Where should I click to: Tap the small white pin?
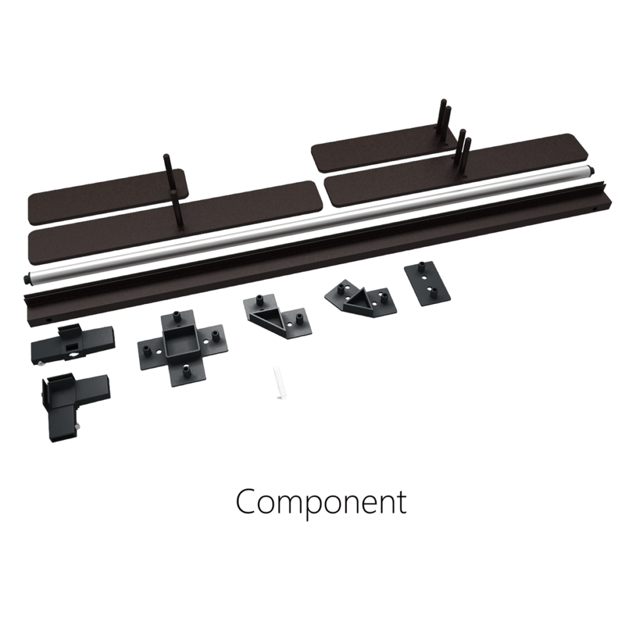[280, 382]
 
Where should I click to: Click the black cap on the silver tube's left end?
[27, 278]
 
